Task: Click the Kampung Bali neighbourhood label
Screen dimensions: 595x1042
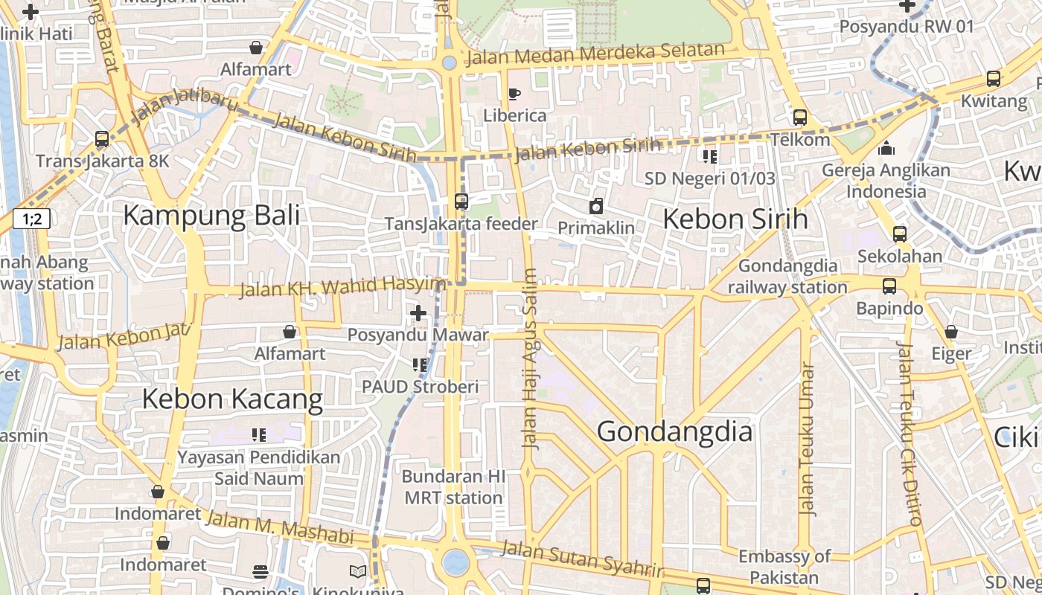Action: pyautogui.click(x=211, y=216)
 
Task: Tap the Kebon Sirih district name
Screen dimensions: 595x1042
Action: pyautogui.click(x=735, y=219)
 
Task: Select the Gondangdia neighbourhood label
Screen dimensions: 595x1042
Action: pyautogui.click(x=674, y=432)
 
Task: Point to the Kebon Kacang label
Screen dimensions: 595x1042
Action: pyautogui.click(x=232, y=399)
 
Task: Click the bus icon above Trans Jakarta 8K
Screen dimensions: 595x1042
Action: pyautogui.click(x=102, y=139)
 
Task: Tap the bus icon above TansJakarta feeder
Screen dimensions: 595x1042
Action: pyautogui.click(x=461, y=202)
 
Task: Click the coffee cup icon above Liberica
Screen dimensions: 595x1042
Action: pyautogui.click(x=514, y=94)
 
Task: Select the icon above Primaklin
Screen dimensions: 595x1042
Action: pyautogui.click(x=596, y=206)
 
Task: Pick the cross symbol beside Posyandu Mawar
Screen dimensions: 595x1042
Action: pyautogui.click(x=418, y=313)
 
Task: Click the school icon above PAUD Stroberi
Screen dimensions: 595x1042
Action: pyautogui.click(x=420, y=365)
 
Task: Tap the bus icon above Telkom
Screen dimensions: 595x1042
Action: pyautogui.click(x=800, y=118)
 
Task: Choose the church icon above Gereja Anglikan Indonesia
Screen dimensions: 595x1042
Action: pyautogui.click(x=886, y=149)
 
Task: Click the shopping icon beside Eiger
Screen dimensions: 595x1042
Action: pyautogui.click(x=951, y=332)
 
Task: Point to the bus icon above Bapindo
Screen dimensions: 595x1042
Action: pyautogui.click(x=889, y=286)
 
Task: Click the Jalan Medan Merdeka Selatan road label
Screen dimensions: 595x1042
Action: pyautogui.click(x=595, y=54)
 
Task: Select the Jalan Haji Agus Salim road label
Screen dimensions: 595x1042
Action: pyautogui.click(x=530, y=358)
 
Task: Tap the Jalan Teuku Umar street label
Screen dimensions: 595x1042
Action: pyautogui.click(x=806, y=439)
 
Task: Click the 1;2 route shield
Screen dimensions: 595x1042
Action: pyautogui.click(x=31, y=219)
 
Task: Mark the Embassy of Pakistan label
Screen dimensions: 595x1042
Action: pyautogui.click(x=784, y=567)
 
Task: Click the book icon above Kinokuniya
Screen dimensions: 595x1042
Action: pyautogui.click(x=358, y=571)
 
